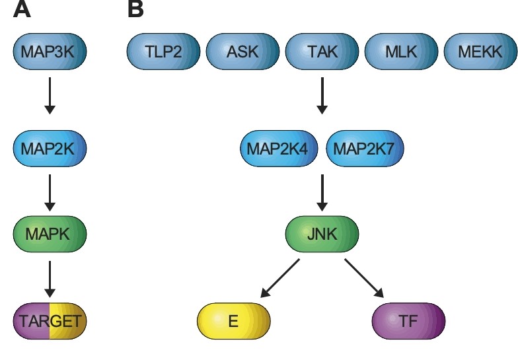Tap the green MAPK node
tap(50, 234)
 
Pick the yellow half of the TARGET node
tap(68, 322)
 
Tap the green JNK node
tap(322, 234)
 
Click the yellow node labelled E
tap(234, 322)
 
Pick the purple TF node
tap(409, 322)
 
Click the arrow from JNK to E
tap(281, 278)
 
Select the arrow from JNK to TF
tap(363, 278)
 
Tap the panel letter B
tap(135, 10)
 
